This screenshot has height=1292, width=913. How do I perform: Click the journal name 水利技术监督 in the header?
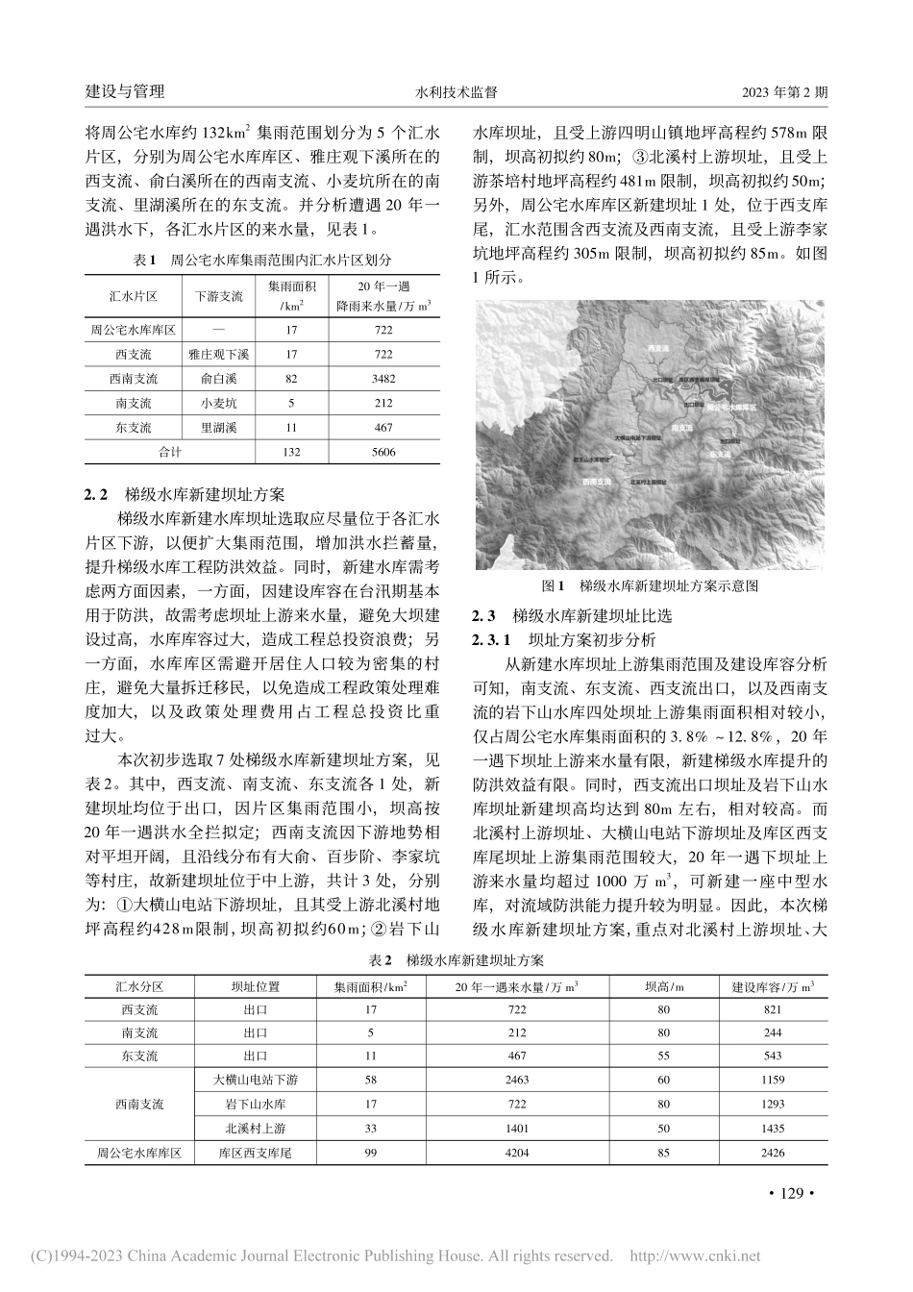tap(456, 92)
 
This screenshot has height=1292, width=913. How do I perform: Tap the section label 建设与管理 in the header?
tap(125, 92)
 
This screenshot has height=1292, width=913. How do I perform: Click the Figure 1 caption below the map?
tap(651, 584)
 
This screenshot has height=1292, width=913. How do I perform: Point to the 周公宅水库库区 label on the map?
tap(733, 408)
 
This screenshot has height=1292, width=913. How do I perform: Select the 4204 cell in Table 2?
tap(517, 1153)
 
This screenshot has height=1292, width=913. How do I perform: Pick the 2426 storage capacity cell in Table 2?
tap(772, 1153)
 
